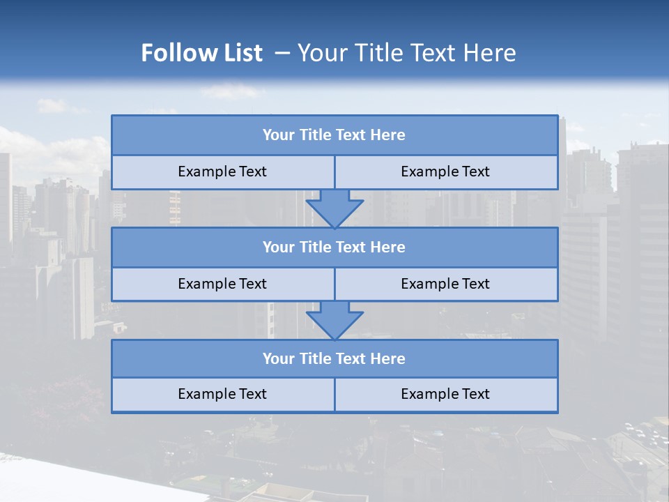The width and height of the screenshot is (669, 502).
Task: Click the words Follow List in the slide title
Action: click(201, 53)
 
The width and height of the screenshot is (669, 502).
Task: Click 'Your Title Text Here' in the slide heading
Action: click(406, 53)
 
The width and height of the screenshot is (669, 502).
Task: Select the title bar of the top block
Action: click(334, 135)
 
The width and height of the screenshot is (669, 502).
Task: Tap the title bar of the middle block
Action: click(334, 248)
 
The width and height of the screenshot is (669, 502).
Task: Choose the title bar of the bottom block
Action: click(334, 359)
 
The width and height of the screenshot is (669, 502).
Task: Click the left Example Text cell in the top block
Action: click(222, 172)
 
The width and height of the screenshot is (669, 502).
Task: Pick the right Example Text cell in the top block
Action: click(445, 172)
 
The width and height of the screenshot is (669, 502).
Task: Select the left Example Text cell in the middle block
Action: click(222, 284)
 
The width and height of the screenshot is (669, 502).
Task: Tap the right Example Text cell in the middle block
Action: click(445, 284)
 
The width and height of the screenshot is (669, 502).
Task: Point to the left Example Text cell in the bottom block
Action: click(222, 395)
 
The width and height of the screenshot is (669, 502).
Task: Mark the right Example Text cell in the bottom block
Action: click(445, 395)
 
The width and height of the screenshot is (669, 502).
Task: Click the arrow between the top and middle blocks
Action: click(334, 208)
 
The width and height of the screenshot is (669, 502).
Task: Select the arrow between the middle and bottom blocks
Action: click(334, 320)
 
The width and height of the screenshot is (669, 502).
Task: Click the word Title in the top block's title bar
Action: click(315, 135)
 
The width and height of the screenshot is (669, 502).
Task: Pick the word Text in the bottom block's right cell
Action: click(475, 395)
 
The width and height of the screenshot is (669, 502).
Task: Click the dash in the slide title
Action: click(282, 53)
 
